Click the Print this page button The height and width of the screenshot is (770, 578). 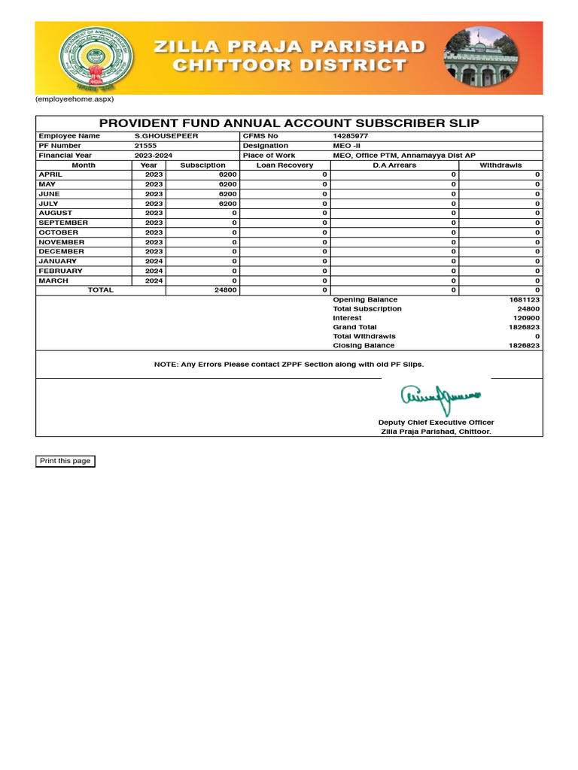pyautogui.click(x=65, y=461)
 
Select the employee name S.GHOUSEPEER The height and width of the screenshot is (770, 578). pyautogui.click(x=166, y=136)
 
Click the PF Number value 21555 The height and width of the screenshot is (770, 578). pyautogui.click(x=146, y=146)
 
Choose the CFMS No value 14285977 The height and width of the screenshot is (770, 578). pyautogui.click(x=351, y=136)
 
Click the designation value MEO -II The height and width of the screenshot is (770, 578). pyautogui.click(x=348, y=146)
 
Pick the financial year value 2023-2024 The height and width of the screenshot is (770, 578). pyautogui.click(x=154, y=156)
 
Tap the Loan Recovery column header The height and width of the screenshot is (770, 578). pyautogui.click(x=284, y=165)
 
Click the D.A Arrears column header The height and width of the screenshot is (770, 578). pyautogui.click(x=394, y=165)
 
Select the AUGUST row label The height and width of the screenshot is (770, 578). pyautogui.click(x=56, y=214)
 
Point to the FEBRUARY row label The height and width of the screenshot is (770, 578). pyautogui.click(x=60, y=271)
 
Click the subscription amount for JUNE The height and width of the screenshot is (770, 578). pyautogui.click(x=228, y=194)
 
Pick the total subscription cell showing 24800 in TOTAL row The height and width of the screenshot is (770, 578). pyautogui.click(x=226, y=290)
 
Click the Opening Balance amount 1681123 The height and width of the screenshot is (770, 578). pyautogui.click(x=525, y=300)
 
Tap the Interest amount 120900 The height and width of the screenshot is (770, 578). pyautogui.click(x=526, y=318)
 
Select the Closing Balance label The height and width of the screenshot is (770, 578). pyautogui.click(x=364, y=346)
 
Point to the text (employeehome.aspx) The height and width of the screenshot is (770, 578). pyautogui.click(x=75, y=99)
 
